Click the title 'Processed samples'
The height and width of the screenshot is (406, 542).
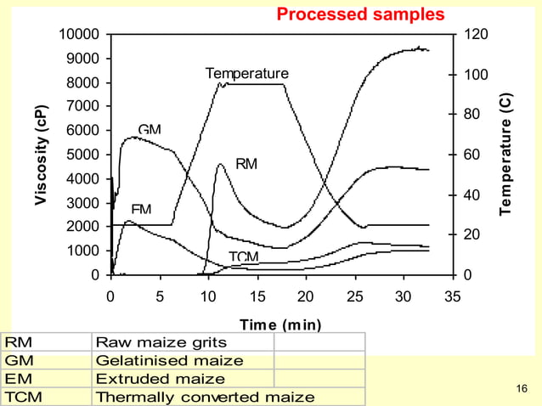click(360, 14)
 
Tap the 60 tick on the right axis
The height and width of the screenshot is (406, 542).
click(470, 155)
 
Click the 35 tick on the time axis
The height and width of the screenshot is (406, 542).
click(453, 297)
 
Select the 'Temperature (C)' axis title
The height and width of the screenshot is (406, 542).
click(506, 153)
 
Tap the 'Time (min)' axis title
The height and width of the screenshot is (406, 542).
click(279, 324)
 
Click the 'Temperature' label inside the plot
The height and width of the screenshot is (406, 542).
click(247, 74)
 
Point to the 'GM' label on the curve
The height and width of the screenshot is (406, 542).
click(150, 130)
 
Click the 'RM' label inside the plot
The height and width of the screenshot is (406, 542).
click(246, 164)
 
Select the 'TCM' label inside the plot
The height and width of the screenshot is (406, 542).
click(244, 257)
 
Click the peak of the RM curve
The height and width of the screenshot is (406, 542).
click(219, 164)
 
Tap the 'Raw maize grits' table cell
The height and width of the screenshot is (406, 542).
click(161, 342)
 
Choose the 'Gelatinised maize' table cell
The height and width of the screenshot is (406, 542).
click(169, 360)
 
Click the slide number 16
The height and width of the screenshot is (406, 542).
click(522, 389)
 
